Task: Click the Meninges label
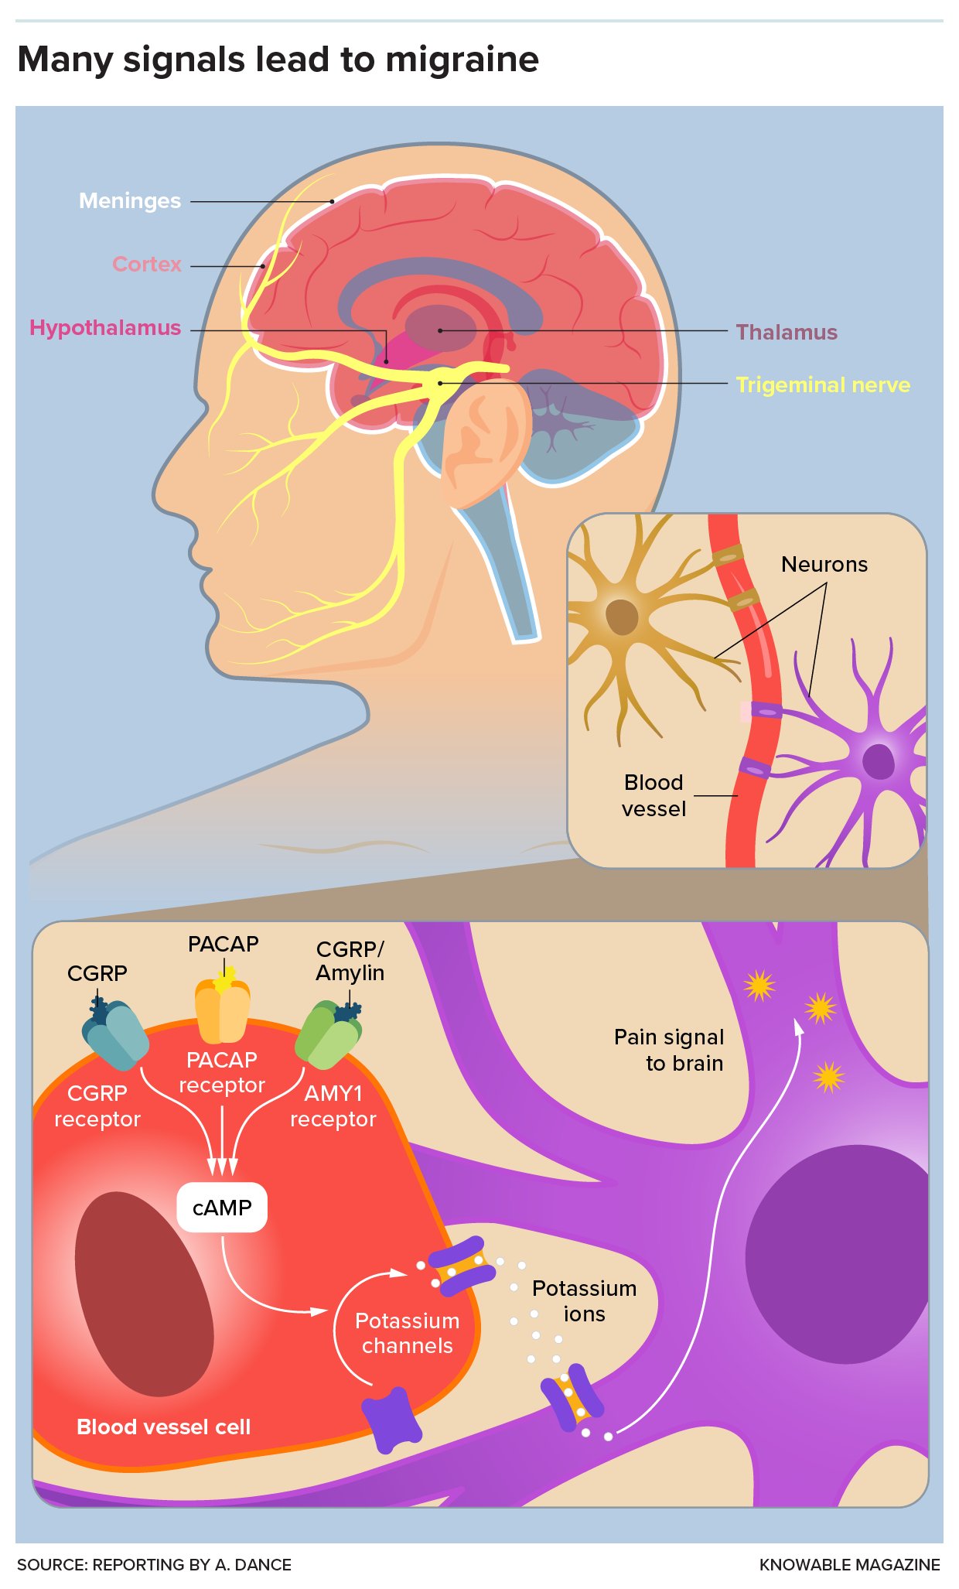point(130,201)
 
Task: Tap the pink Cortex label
point(147,265)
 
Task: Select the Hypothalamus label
point(105,328)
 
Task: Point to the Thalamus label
point(787,333)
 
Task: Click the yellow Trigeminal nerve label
point(823,385)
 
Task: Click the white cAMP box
point(222,1208)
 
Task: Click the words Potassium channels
point(408,1333)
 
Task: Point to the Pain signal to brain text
point(670,1050)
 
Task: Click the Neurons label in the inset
point(824,565)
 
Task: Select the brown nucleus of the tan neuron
point(622,617)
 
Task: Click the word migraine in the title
point(462,60)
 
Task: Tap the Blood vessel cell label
point(164,1427)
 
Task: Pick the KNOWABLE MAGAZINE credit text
point(849,1565)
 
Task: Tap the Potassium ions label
point(585,1301)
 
